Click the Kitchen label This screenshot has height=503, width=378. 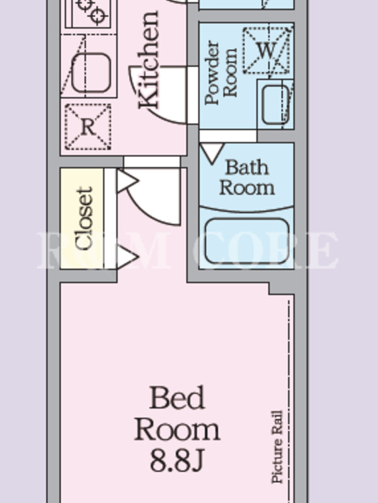[x=149, y=60]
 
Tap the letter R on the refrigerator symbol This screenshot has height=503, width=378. [x=88, y=127]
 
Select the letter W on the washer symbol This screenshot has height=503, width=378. [x=266, y=50]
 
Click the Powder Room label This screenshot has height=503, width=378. [x=222, y=73]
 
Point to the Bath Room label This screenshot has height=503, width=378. [x=247, y=177]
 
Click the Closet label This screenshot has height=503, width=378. [x=84, y=218]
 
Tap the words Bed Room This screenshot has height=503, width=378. [x=177, y=414]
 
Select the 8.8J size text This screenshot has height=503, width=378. [x=176, y=460]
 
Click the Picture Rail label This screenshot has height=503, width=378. [x=277, y=446]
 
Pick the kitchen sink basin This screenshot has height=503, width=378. [x=91, y=73]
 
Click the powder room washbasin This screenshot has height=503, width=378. [x=275, y=104]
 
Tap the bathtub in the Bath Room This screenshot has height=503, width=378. [x=247, y=241]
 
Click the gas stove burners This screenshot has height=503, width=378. [x=92, y=9]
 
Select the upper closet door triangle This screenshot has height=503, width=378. [x=127, y=181]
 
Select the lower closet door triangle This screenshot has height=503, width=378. [x=127, y=257]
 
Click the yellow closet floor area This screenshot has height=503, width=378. [x=82, y=218]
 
